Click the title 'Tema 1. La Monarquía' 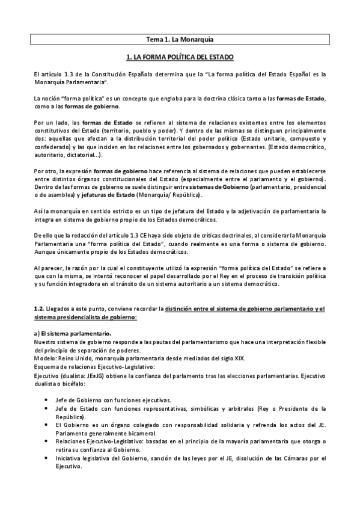click(180, 40)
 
